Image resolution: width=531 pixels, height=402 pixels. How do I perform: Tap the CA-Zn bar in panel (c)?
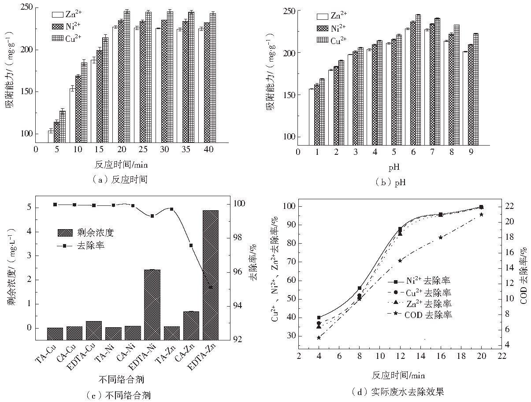tap(191, 325)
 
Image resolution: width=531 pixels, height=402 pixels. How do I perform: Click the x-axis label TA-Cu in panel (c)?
tap(45, 355)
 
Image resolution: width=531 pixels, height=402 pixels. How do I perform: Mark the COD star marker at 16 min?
tap(441, 238)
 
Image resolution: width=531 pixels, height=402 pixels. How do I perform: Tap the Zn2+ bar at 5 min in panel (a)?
tap(51, 136)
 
